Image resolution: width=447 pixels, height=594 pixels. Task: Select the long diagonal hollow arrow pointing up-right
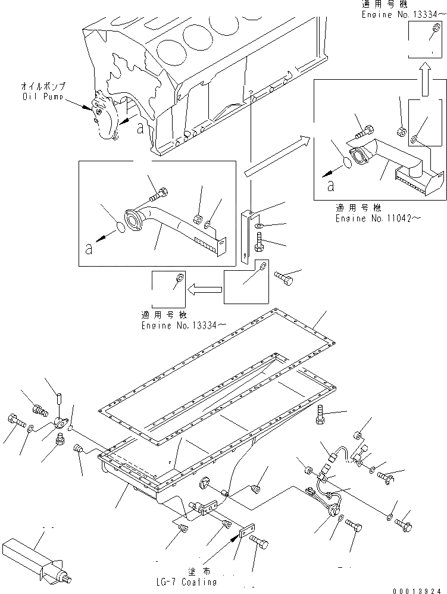click(277, 156)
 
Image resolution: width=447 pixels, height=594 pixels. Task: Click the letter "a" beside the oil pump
click(139, 127)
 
